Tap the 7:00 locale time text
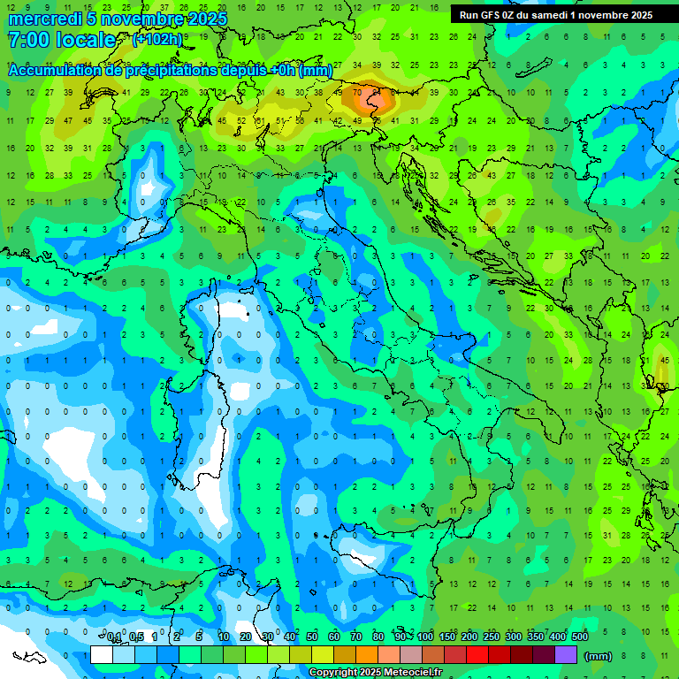coord(61,40)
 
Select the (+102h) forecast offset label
coord(157,40)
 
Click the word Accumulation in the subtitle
coord(54,70)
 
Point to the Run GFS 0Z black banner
coord(555,14)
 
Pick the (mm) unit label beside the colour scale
coord(599,656)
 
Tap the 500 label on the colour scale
coord(579,637)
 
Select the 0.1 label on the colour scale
coord(113,637)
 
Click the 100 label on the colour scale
coord(424,637)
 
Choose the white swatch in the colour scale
coord(102,655)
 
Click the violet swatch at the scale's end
coord(566,655)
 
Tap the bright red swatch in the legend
coord(477,655)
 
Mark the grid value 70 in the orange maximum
coord(357,92)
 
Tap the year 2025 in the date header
coord(206,19)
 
